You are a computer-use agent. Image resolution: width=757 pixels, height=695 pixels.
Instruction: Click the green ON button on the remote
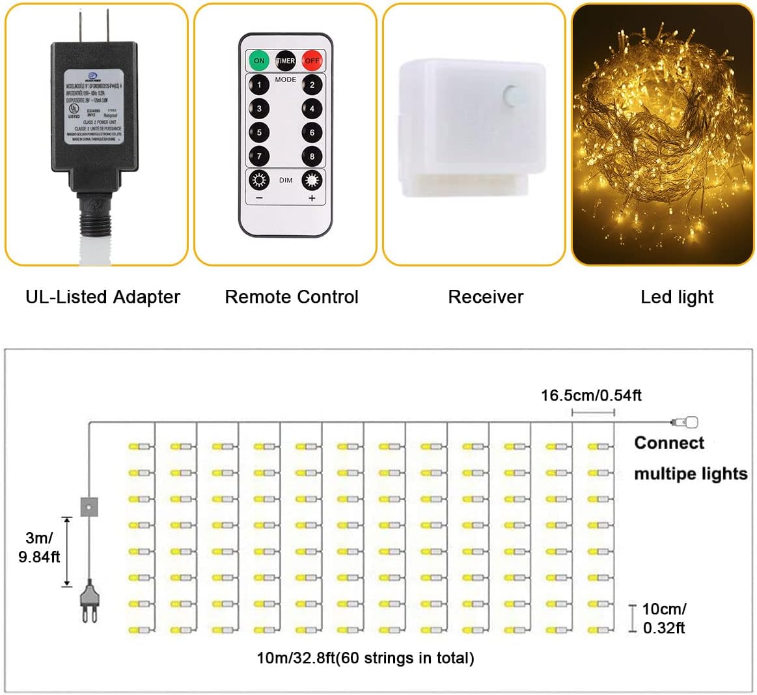tap(259, 61)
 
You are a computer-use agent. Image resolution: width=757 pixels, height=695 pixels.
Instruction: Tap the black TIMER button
tap(286, 61)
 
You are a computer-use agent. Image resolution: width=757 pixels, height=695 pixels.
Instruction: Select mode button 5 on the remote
tap(259, 133)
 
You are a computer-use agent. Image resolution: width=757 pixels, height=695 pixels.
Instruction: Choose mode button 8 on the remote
tap(312, 156)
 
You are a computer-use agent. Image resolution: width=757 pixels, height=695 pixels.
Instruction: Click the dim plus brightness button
tap(312, 181)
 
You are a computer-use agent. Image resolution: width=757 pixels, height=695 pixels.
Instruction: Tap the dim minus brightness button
tap(259, 181)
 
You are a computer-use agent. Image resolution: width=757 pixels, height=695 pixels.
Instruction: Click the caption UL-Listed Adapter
tap(103, 297)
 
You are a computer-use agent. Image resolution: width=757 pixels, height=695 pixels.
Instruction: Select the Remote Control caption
tap(292, 297)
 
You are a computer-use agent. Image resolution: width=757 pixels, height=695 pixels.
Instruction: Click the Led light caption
tap(677, 297)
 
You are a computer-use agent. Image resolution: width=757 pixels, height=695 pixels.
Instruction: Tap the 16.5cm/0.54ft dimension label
tap(591, 395)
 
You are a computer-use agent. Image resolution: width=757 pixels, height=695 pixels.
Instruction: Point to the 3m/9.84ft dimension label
tap(38, 547)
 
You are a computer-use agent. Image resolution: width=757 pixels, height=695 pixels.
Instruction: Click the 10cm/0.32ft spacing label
tap(664, 618)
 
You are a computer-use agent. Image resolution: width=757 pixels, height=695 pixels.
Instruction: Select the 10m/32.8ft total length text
tap(365, 658)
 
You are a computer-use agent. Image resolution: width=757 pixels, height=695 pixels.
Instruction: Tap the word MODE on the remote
tap(286, 79)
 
